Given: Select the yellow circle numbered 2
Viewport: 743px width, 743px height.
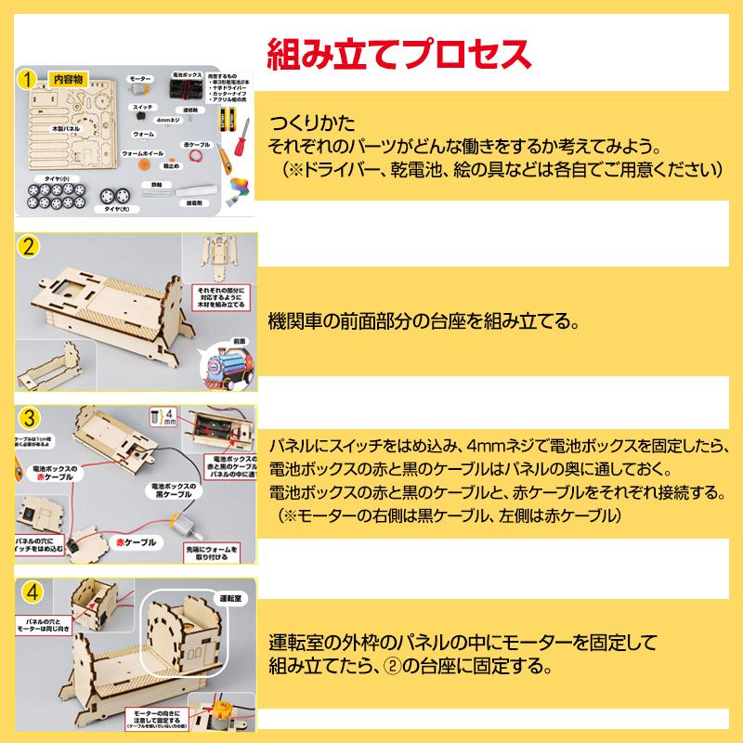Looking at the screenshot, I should click(30, 248).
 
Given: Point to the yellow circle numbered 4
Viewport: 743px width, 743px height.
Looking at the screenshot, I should click(30, 590).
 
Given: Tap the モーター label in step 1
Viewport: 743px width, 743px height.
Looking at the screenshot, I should click(141, 80).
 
